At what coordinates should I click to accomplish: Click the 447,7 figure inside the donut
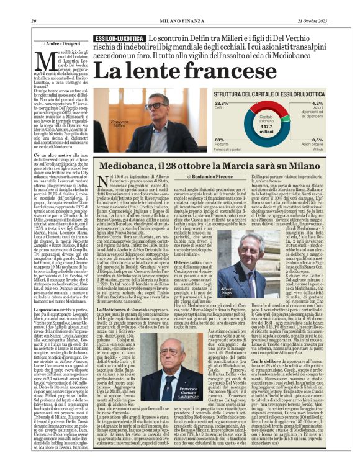click(x=266, y=123)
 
